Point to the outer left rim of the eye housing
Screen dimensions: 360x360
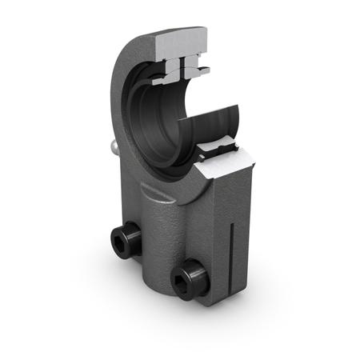(x=120, y=80)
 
